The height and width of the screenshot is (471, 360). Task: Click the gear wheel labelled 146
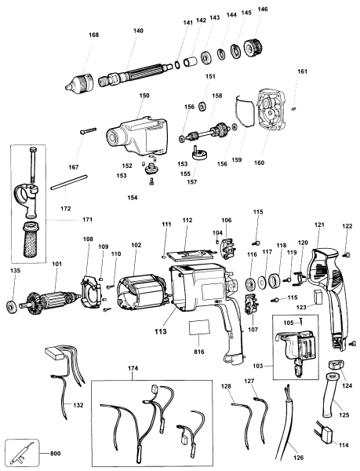256,47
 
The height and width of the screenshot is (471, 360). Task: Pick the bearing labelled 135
13,305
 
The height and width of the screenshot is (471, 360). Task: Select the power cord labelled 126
287,429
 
